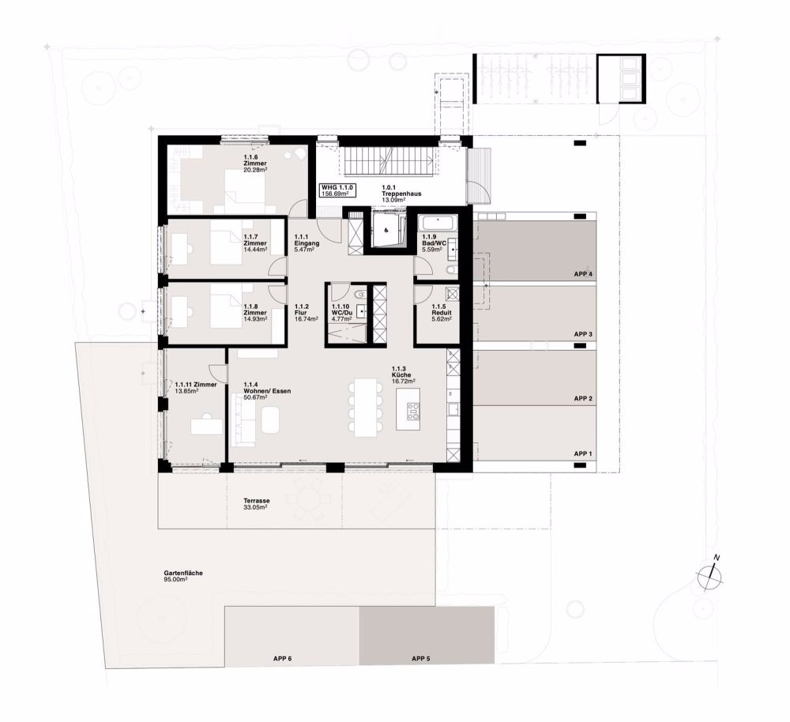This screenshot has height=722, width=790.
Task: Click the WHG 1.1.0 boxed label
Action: click(x=337, y=190)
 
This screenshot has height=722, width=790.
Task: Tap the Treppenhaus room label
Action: click(x=401, y=194)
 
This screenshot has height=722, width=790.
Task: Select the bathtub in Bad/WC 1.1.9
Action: click(x=438, y=224)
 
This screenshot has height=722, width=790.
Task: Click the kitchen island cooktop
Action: click(x=413, y=411)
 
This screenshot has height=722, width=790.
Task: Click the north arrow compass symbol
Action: click(x=710, y=574)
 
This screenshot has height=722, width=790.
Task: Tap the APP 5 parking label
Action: click(x=421, y=658)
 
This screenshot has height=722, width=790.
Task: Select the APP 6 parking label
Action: click(x=283, y=658)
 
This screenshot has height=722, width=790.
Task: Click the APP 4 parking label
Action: click(x=583, y=275)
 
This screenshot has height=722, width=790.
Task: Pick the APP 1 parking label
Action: click(x=583, y=454)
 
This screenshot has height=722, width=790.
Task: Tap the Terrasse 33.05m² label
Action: click(x=257, y=504)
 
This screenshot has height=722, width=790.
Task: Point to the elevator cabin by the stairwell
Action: click(x=387, y=230)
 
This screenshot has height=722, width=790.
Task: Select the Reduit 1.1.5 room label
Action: click(x=442, y=312)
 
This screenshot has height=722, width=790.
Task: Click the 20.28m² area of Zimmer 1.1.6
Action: click(x=255, y=171)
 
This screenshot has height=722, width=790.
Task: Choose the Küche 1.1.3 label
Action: click(x=403, y=375)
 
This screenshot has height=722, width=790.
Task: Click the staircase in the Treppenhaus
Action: click(x=389, y=162)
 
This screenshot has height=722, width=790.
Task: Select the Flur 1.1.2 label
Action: click(x=306, y=312)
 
